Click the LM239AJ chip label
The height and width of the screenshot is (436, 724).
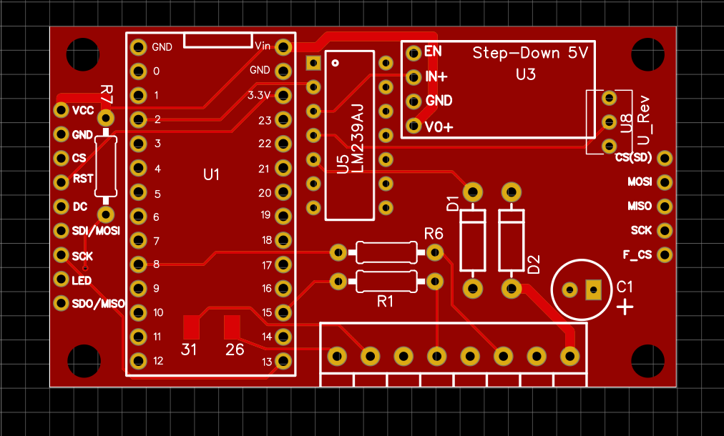[x=358, y=138]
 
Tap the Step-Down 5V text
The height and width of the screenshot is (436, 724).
[x=530, y=53]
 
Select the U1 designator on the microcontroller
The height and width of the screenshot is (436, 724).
[x=212, y=174]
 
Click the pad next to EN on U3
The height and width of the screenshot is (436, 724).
[x=413, y=51]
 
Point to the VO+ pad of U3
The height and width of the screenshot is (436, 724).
[x=413, y=127]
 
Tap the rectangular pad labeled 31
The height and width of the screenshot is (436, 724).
[x=190, y=327]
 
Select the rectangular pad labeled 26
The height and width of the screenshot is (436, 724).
[x=232, y=327]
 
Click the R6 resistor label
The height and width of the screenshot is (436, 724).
[x=434, y=234]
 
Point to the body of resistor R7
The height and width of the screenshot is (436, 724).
[x=106, y=166]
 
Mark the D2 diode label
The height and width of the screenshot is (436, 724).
[x=533, y=264]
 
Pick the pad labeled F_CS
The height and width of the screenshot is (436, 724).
[x=665, y=254]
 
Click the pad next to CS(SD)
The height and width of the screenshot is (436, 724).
[x=665, y=158]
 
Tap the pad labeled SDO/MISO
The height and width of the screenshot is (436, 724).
[x=62, y=303]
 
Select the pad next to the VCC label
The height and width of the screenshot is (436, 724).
[x=62, y=110]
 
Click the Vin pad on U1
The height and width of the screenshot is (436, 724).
[x=283, y=47]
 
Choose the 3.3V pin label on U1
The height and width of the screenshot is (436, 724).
[x=259, y=95]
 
